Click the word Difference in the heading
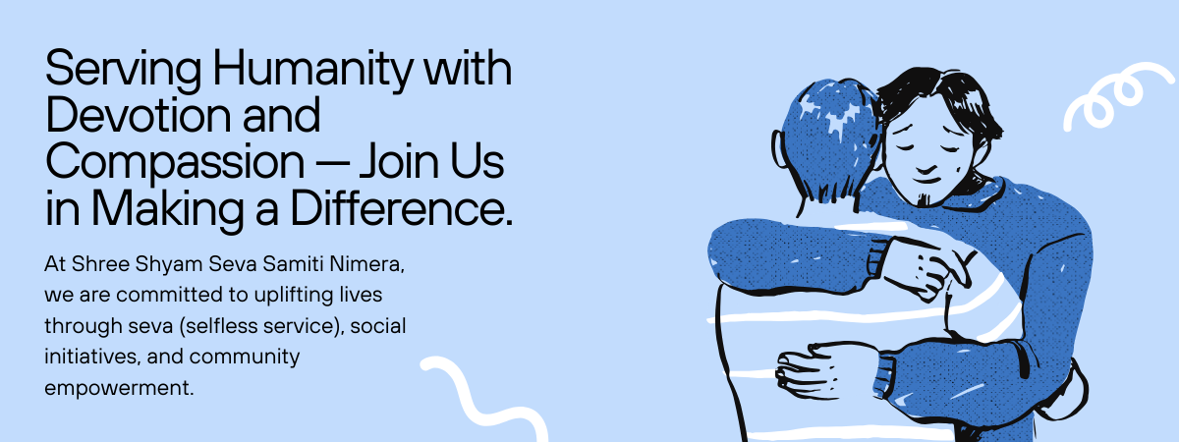(401, 208)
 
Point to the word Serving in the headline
(124, 70)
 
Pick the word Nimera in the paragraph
(366, 264)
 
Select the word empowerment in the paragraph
(119, 389)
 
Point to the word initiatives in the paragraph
(92, 357)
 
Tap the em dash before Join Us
(332, 164)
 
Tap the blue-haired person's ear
(778, 150)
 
